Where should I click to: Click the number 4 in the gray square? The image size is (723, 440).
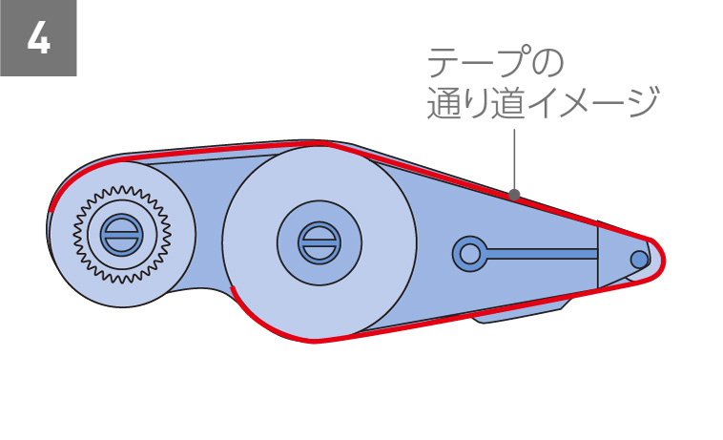tap(38, 39)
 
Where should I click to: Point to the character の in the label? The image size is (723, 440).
tap(545, 65)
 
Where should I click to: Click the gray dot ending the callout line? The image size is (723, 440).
tap(514, 196)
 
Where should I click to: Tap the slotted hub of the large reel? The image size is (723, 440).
tap(317, 242)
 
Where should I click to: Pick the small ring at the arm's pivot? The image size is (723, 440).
tap(468, 253)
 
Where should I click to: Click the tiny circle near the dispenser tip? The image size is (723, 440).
tap(637, 258)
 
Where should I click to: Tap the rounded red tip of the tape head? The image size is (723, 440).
tap(660, 258)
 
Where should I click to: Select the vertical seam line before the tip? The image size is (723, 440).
tap(597, 254)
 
